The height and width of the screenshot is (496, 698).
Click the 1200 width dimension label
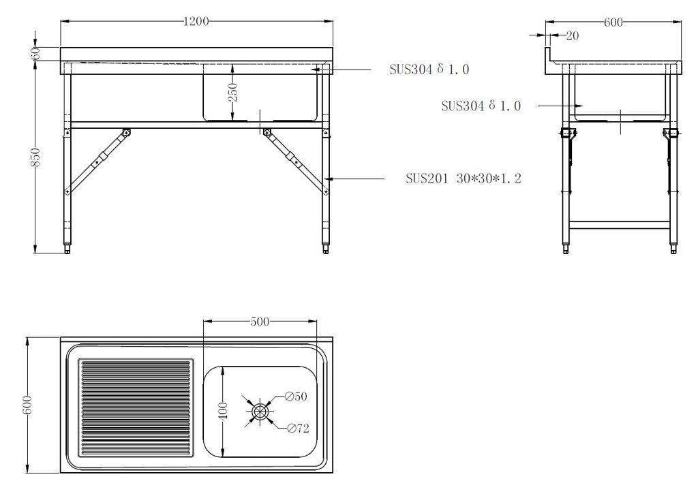click(196, 21)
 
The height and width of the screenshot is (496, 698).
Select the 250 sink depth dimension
click(233, 93)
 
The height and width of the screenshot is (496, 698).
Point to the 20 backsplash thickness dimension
click(572, 35)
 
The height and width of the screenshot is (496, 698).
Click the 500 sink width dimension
click(260, 321)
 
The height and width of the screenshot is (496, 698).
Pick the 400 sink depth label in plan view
click(224, 410)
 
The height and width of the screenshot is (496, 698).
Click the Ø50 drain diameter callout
click(296, 396)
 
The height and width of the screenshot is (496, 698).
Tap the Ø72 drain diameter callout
click(298, 428)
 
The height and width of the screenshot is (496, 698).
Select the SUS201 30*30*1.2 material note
click(464, 179)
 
